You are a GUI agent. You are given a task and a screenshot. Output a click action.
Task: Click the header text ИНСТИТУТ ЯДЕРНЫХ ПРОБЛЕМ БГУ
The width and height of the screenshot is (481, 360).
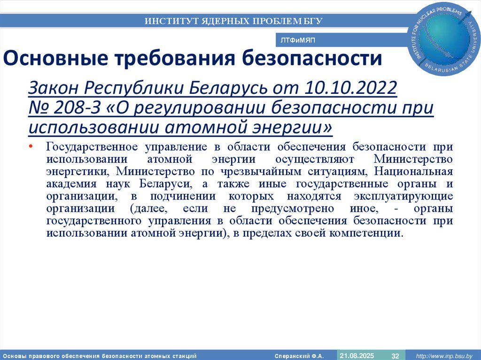[233, 21]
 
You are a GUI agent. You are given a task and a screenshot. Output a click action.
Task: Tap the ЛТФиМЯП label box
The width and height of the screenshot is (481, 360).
[298, 41]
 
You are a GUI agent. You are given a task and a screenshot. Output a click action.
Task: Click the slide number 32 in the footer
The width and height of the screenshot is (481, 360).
[395, 355]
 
